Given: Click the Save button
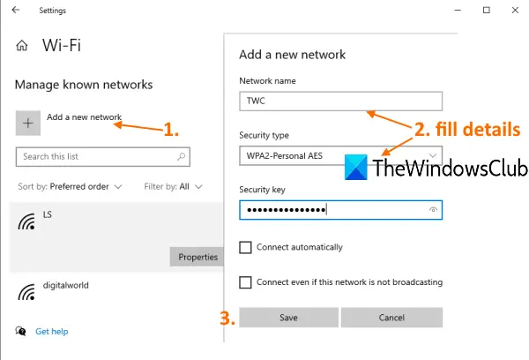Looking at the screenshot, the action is [289, 318].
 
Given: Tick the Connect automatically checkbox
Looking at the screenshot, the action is [245, 247].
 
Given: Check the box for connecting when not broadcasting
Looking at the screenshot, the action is [245, 282].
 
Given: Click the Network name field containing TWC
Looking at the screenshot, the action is [340, 101].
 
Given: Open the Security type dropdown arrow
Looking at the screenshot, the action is [433, 155].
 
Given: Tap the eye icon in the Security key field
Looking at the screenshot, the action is [433, 210].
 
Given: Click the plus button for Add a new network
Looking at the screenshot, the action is [28, 123].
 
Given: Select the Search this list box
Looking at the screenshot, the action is [103, 157].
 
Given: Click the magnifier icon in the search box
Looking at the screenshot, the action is [182, 156].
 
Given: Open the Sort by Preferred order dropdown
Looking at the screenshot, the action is [70, 187].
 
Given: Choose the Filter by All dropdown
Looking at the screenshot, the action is [173, 187].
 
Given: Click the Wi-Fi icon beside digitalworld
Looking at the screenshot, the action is [26, 292].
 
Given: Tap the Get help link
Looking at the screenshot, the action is [52, 332].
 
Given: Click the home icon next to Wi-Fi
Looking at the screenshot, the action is [22, 45].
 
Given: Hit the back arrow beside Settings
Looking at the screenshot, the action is [16, 10].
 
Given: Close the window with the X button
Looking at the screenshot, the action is [515, 10].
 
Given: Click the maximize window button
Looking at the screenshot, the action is [487, 10].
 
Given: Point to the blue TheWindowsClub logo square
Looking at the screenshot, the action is [356, 167].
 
